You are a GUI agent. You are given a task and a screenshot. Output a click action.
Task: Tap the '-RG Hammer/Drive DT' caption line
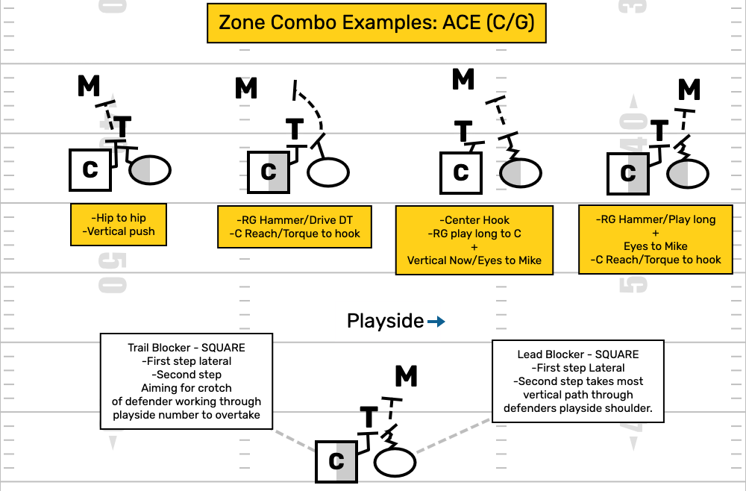click(x=295, y=219)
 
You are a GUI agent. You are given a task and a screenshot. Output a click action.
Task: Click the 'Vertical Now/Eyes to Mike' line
click(x=474, y=261)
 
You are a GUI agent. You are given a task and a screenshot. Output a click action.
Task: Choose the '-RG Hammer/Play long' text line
click(x=655, y=219)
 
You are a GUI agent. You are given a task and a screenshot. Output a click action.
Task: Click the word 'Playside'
click(x=385, y=322)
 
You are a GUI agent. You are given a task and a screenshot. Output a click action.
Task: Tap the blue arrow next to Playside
click(x=436, y=322)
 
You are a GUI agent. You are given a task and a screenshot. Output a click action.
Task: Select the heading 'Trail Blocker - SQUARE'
click(x=187, y=348)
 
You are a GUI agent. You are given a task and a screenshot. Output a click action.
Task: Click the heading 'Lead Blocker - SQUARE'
click(x=577, y=354)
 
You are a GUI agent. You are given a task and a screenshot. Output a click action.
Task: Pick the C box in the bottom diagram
click(x=336, y=461)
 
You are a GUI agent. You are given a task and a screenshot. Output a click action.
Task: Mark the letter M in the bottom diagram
click(x=406, y=377)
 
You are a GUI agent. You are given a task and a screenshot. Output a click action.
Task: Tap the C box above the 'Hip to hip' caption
click(x=90, y=169)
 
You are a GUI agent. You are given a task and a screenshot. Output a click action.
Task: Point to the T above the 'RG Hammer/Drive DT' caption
click(x=295, y=129)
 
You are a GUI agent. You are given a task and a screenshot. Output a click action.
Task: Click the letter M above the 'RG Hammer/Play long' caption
click(x=689, y=90)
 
